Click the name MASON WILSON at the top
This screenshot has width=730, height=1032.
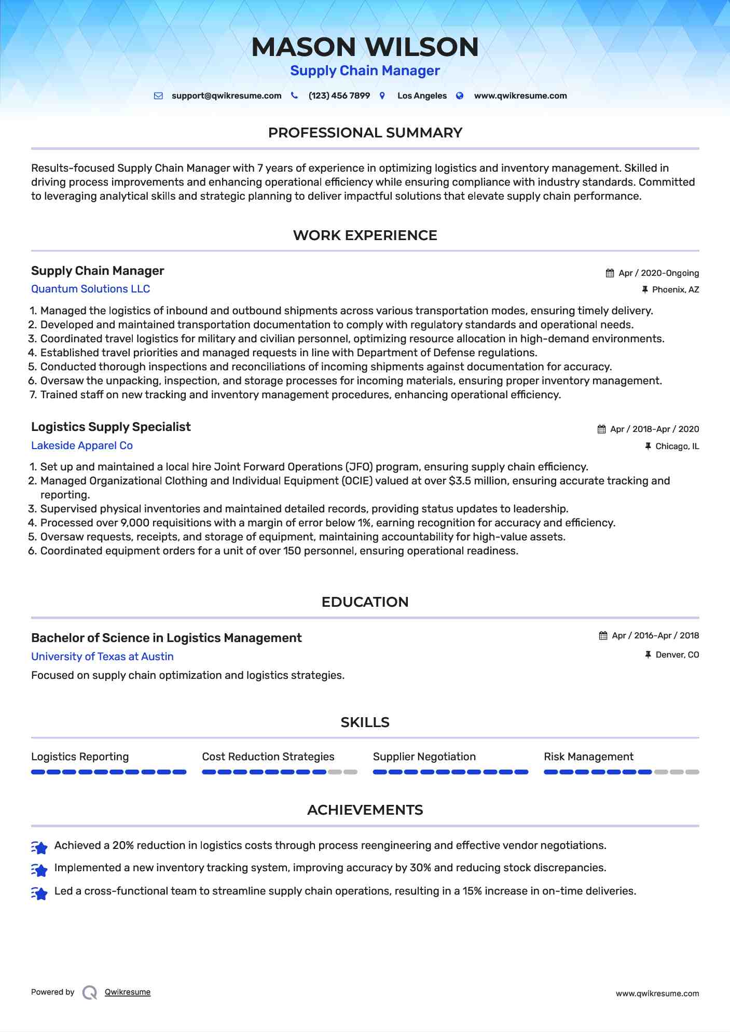[x=365, y=47]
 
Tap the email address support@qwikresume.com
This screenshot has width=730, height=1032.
[x=226, y=96]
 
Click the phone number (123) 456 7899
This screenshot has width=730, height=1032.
[x=339, y=96]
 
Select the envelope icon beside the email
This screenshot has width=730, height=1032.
[x=158, y=96]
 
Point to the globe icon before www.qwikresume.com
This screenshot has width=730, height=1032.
[x=460, y=96]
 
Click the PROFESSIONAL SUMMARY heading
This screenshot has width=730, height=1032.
[x=365, y=133]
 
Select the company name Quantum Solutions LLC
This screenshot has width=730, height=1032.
[x=90, y=289]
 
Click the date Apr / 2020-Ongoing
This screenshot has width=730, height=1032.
[x=658, y=273]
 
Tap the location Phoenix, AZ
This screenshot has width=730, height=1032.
[x=675, y=290]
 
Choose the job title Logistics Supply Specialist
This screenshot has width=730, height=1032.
[x=111, y=427]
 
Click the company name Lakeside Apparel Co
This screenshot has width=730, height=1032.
[x=82, y=445]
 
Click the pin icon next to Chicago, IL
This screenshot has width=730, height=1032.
[x=648, y=446]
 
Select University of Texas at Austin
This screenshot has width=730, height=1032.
[x=102, y=657]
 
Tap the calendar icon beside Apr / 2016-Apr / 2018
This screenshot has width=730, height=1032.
[x=603, y=636]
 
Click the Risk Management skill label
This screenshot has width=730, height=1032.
[x=588, y=757]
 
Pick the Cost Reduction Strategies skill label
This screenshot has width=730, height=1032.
[x=268, y=757]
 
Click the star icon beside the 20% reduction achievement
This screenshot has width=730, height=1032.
[x=39, y=847]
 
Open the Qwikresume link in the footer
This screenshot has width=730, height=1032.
[x=128, y=992]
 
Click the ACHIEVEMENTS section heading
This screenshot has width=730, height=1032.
[x=365, y=810]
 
